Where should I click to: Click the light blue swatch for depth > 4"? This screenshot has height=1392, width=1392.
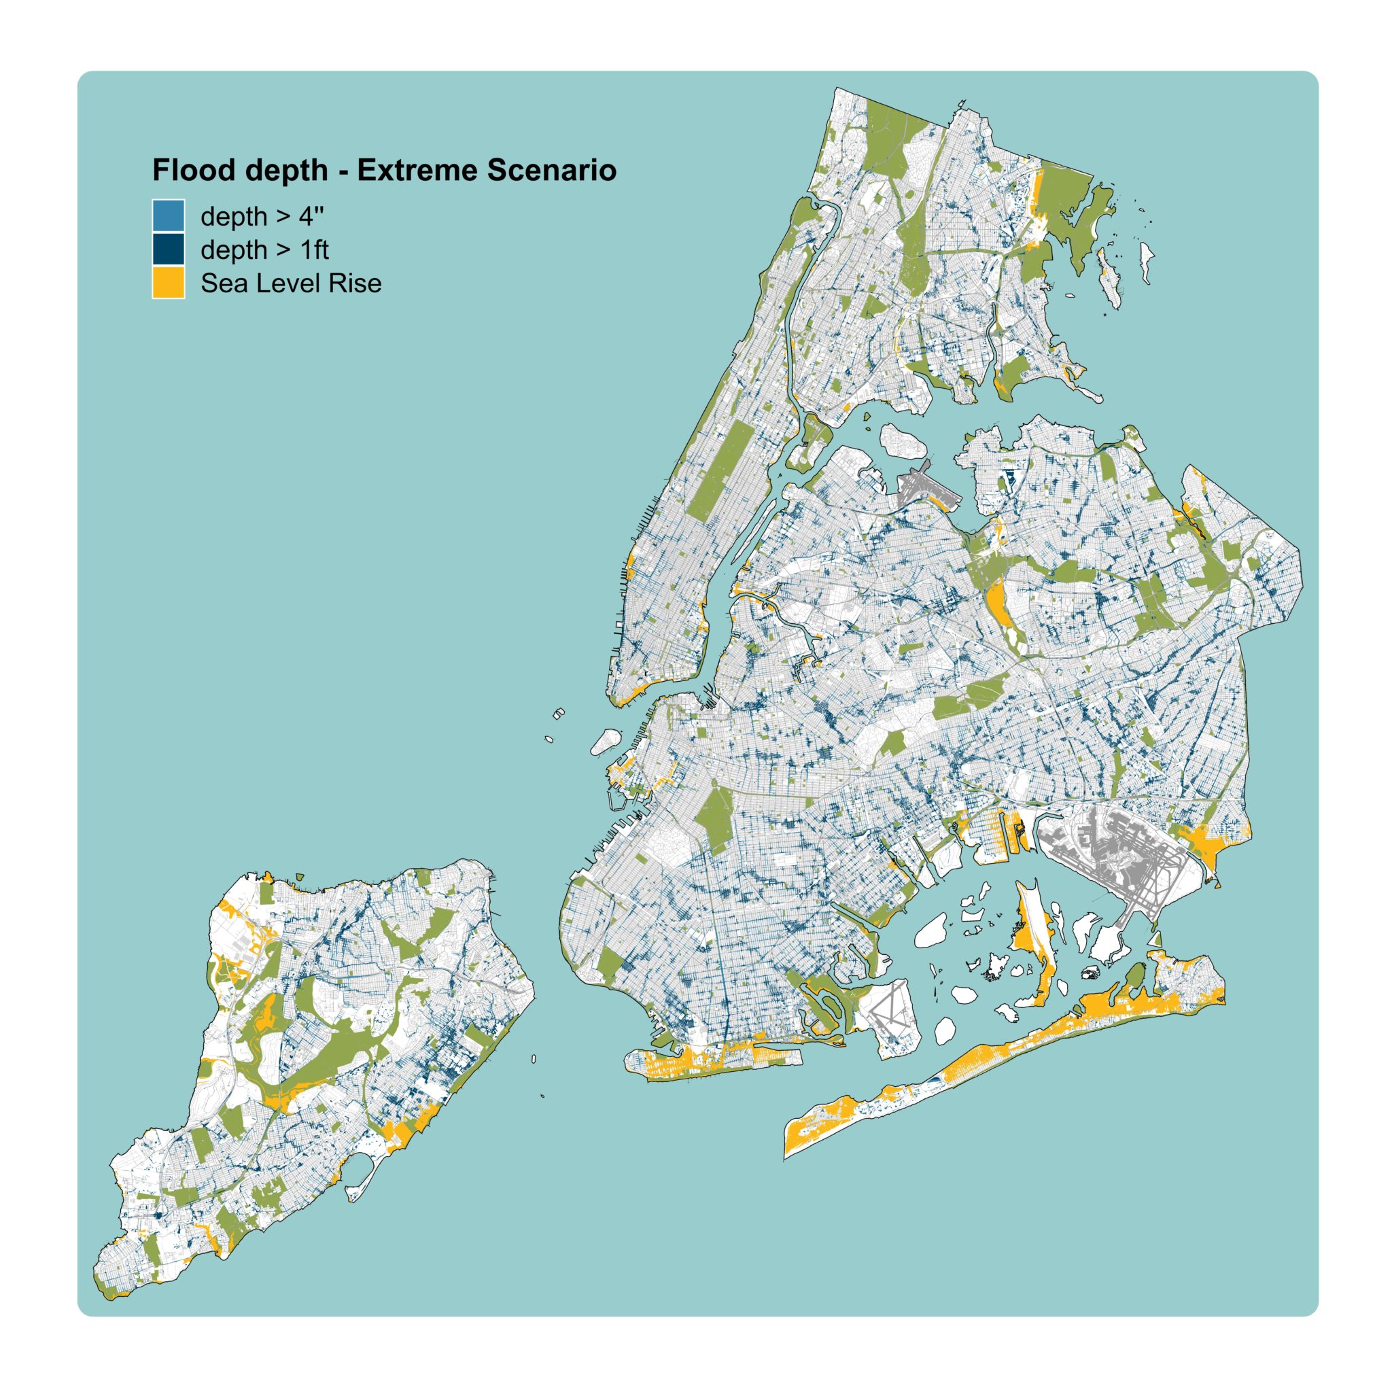168,215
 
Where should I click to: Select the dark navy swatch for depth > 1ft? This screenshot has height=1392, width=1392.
168,249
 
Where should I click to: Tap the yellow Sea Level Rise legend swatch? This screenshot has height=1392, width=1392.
168,283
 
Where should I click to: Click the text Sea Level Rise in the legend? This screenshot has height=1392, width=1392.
290,283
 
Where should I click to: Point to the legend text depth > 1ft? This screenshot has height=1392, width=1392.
264,250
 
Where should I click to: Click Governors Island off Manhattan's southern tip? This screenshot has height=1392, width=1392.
606,742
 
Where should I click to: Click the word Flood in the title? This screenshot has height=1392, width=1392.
190,171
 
